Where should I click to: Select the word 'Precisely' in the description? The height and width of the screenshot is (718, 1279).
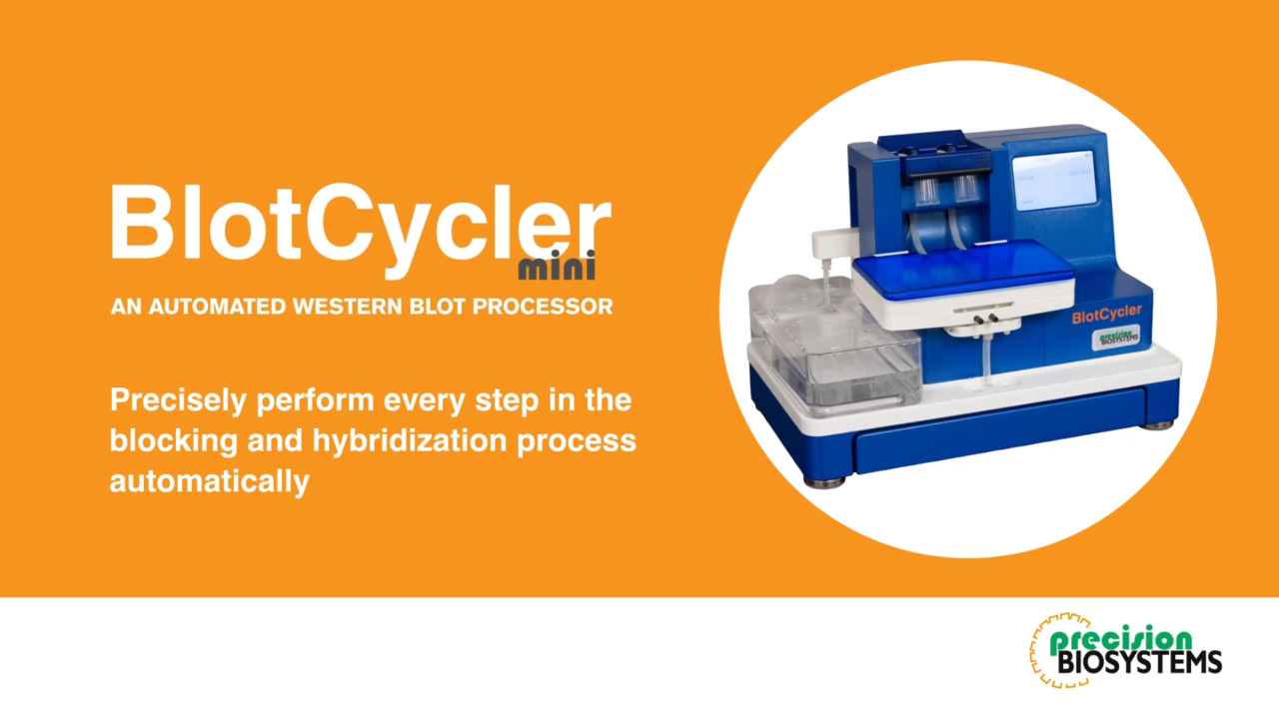point(178,400)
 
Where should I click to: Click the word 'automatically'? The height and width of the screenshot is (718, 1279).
point(209,480)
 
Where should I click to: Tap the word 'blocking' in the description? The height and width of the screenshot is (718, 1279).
point(173,440)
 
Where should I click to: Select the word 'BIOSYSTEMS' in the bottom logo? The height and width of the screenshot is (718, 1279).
point(1137,662)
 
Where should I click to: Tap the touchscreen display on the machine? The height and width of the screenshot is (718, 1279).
point(1053,180)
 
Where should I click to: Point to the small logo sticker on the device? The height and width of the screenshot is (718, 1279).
point(1115,338)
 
